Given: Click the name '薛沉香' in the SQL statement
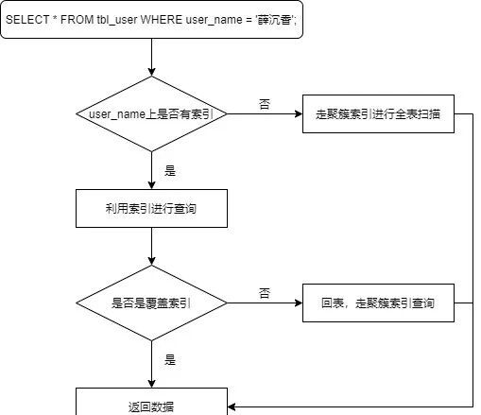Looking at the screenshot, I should coord(272,19).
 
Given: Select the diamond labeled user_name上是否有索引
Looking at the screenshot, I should coord(151,114).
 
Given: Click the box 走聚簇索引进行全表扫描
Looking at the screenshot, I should coord(378,114).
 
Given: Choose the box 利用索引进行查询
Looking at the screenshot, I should coord(151,209).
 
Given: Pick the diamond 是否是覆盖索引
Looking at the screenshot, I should coord(151,303).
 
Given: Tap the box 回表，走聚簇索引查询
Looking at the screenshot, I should coord(378,303).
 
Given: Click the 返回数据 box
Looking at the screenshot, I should coord(151,405).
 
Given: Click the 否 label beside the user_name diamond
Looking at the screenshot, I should coord(264,102).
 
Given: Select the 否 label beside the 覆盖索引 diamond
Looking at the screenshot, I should coord(264,292).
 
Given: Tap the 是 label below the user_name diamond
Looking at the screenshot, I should coord(170,171).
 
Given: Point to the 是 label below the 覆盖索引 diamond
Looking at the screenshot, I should coord(170,360).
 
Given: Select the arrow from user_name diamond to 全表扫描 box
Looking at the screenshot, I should coord(264,114).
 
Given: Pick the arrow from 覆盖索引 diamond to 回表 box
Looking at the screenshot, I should coord(264,303).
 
